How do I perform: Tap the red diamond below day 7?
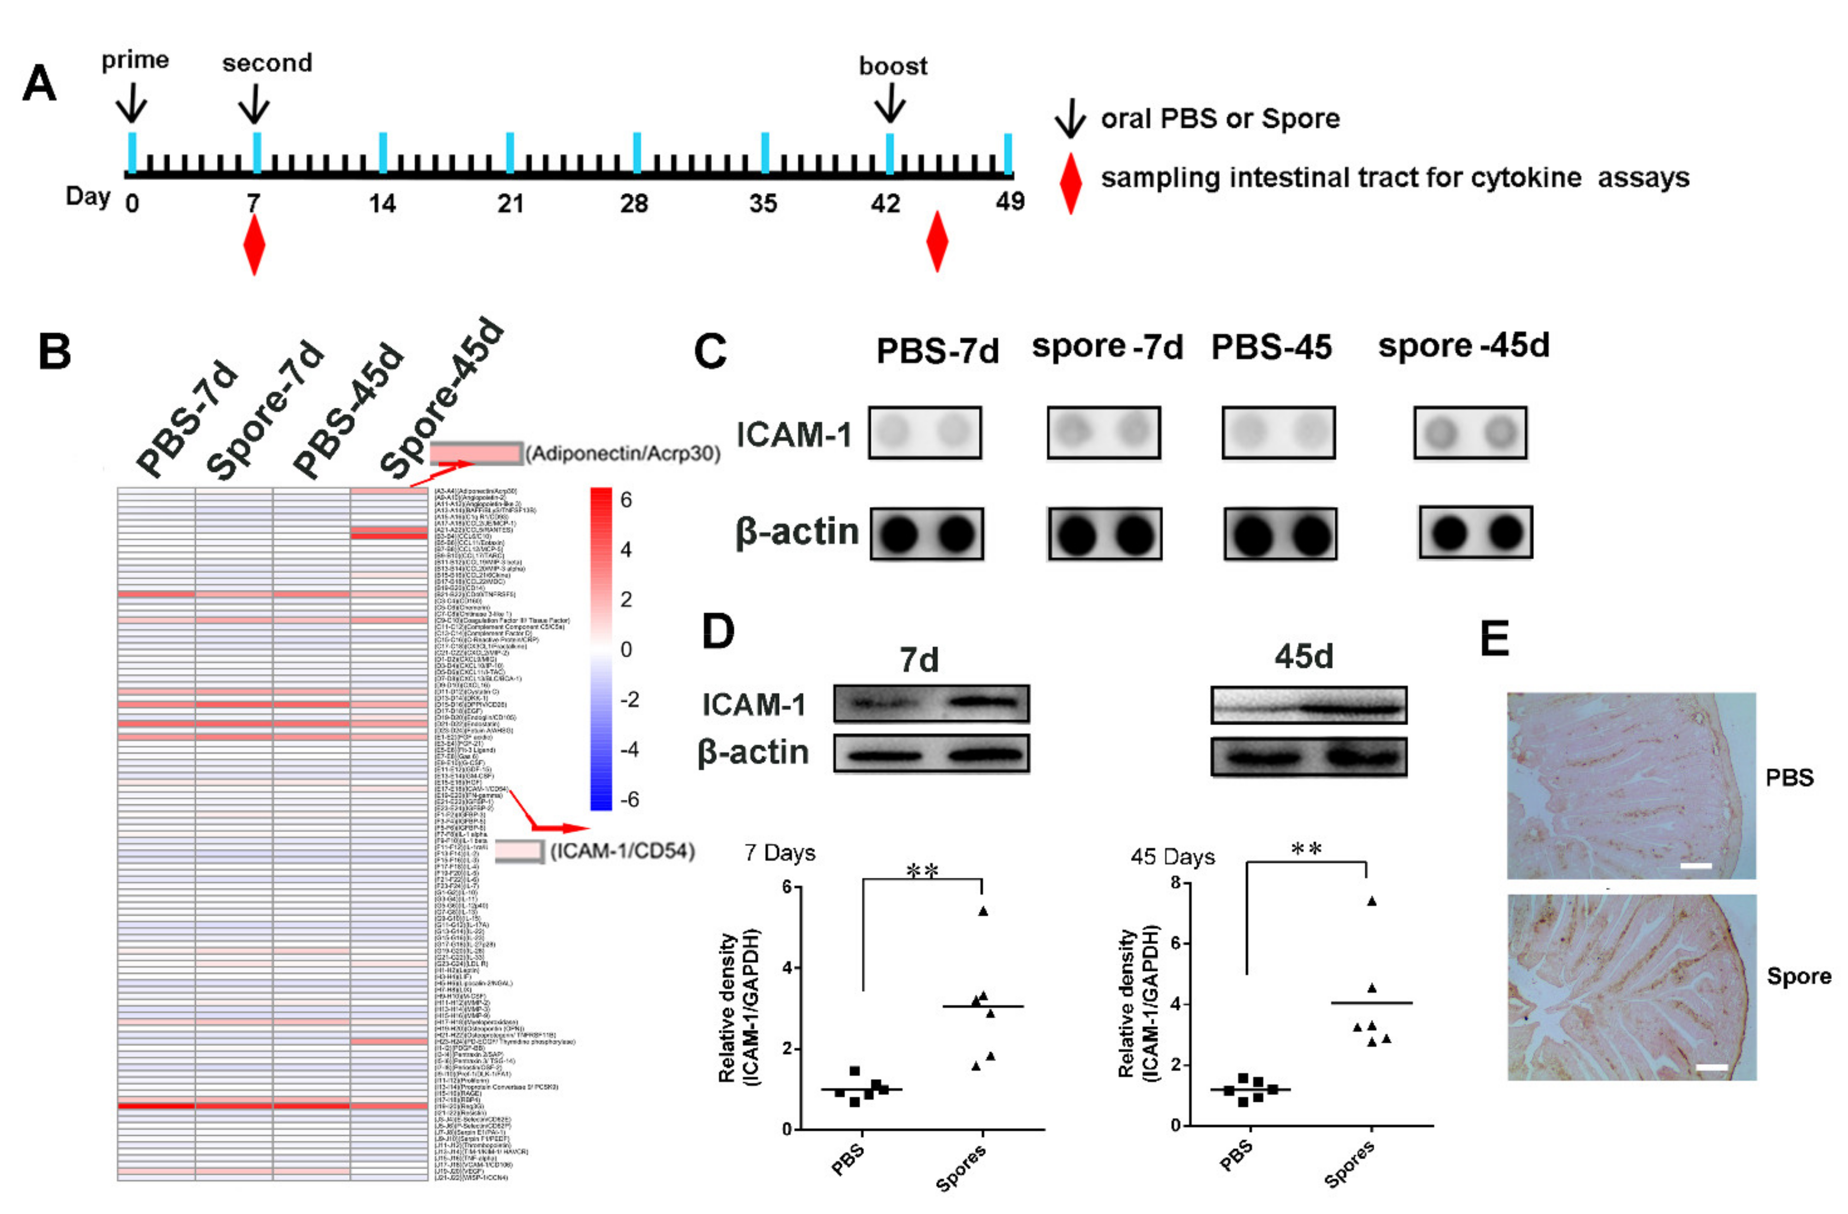[x=254, y=245]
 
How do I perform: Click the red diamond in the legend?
[x=1071, y=183]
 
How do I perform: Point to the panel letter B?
[x=54, y=352]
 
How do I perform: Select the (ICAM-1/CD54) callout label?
[x=622, y=851]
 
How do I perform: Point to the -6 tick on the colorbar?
[x=629, y=799]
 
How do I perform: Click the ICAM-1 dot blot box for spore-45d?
[x=1470, y=432]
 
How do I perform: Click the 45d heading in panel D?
[x=1304, y=657]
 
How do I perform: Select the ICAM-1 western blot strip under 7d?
[x=931, y=703]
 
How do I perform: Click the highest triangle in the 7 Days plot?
[x=983, y=911]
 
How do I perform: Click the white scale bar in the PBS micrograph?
[x=1696, y=865]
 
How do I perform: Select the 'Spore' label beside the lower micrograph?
[x=1798, y=976]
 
